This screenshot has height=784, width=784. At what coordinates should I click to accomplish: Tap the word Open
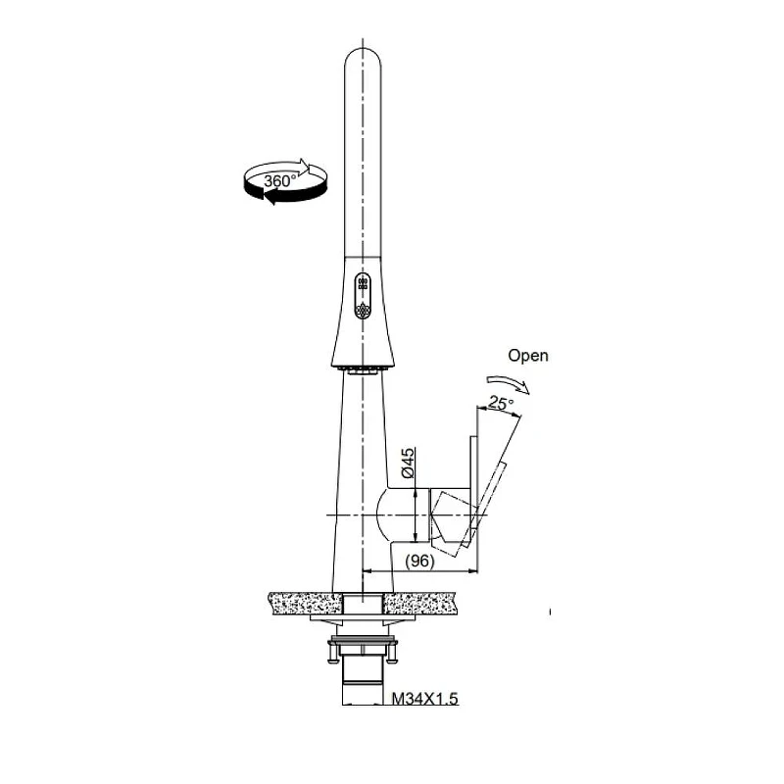(x=528, y=356)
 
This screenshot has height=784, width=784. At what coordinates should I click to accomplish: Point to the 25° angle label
(x=501, y=403)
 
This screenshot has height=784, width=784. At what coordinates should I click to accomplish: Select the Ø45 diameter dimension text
(x=408, y=463)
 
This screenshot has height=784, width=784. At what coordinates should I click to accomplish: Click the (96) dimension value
(x=419, y=561)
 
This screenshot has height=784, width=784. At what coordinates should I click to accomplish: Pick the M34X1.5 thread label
(x=424, y=698)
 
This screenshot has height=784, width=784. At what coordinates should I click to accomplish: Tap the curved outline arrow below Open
(x=508, y=383)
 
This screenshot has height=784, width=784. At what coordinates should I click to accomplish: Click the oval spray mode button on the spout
(x=363, y=296)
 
